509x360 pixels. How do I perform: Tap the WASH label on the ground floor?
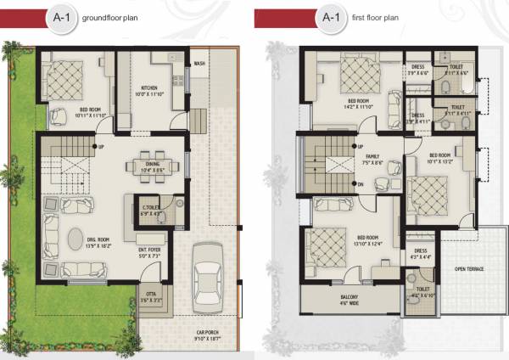[x=199, y=64]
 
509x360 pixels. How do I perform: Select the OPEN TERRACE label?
[x=468, y=269]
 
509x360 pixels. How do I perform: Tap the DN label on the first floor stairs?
[x=361, y=184]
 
